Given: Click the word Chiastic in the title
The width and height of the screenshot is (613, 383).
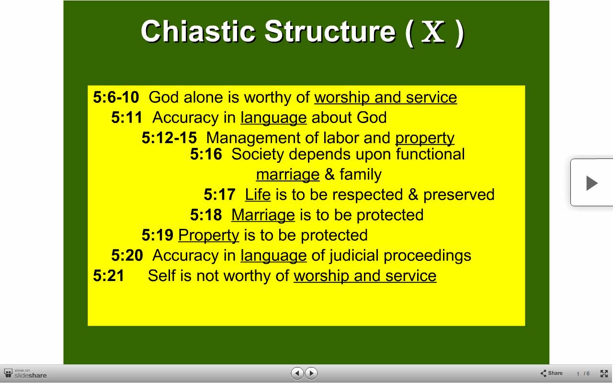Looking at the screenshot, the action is point(198,31).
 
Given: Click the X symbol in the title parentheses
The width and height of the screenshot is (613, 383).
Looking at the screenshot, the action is point(433,32).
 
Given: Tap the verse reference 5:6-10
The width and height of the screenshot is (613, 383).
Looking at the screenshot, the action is point(116,97).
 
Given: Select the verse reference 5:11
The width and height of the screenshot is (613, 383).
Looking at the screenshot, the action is point(127,117).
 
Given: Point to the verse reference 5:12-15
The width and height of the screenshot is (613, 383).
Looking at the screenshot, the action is point(169,137).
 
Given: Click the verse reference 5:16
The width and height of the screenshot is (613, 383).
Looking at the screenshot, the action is point(206,154).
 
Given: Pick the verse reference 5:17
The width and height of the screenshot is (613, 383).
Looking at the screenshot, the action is point(219,194).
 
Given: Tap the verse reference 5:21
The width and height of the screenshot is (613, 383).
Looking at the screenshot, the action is point(109,275).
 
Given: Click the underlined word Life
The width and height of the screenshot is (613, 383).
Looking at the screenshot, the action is point(258,194).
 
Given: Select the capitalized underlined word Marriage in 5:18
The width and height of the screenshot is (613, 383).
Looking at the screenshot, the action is point(263,215).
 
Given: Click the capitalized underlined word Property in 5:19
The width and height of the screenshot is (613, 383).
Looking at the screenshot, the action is point(209,235).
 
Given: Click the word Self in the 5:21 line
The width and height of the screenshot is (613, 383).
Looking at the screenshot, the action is point(161,275).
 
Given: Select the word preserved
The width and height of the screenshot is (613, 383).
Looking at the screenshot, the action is point(459,195).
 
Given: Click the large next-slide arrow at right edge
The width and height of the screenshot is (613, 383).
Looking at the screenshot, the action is point(592,183).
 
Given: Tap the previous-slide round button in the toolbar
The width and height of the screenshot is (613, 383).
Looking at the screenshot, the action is point(297,373).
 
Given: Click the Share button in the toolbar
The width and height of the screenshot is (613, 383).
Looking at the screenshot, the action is point(551,373).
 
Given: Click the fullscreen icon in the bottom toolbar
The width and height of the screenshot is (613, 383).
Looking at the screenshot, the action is point(604,373).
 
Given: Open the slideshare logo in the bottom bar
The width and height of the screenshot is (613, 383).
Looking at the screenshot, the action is point(25,374).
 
